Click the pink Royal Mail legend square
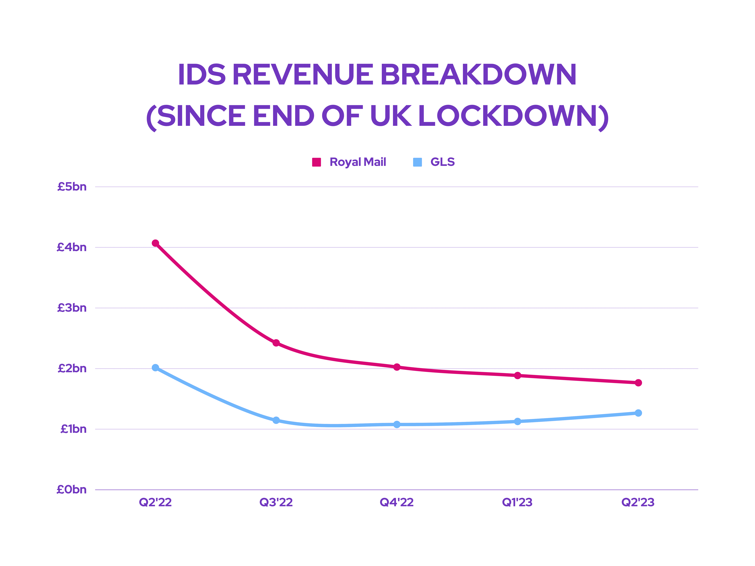tap(316, 162)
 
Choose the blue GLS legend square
tap(417, 162)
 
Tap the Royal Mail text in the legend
tap(358, 162)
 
